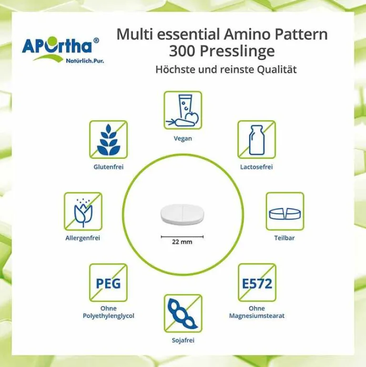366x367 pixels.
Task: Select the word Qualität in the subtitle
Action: pos(277,70)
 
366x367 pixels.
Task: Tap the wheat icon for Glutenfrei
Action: pos(109,139)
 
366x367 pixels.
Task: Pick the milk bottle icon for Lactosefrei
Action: pos(257,139)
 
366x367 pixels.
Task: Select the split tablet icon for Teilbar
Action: pos(285,211)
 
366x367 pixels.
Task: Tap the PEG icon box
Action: pos(109,283)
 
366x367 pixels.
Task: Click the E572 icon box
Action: pos(257,283)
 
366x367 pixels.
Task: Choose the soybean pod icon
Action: pos(183,313)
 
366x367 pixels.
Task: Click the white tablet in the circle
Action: pos(183,214)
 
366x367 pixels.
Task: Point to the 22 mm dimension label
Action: pos(182,242)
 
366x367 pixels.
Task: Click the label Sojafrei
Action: pos(183,340)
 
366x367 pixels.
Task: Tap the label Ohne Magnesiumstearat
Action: pos(257,312)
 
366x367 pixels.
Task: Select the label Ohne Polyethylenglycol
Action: pos(109,312)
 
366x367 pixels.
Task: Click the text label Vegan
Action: pos(183,138)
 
